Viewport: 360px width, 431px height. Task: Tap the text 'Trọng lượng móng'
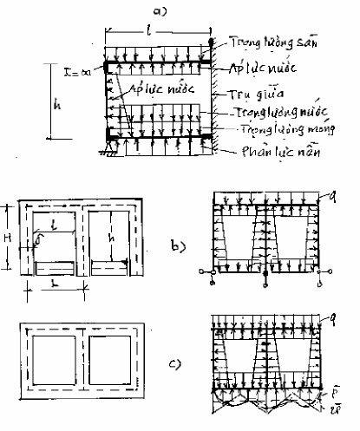(x=275, y=131)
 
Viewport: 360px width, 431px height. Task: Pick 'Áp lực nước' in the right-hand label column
(x=265, y=68)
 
